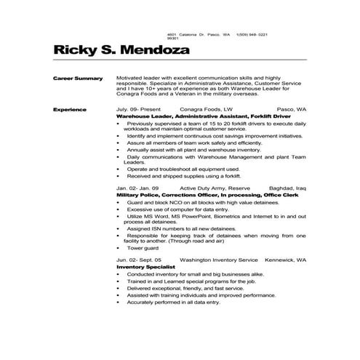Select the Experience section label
point(70,109)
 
